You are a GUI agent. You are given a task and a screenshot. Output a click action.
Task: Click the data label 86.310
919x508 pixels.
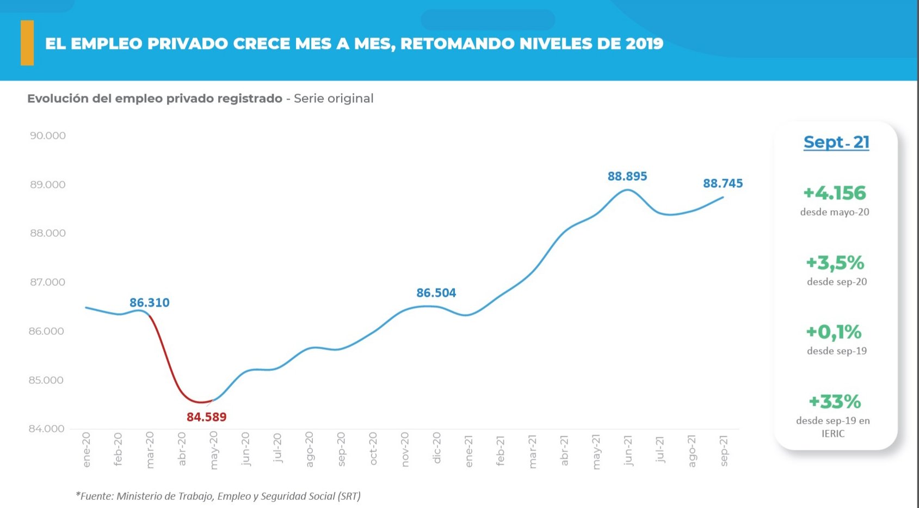[x=150, y=303]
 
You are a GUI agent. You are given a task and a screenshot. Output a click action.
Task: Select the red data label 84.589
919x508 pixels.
[x=206, y=417]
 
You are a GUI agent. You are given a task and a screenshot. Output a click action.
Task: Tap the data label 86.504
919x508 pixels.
[x=436, y=293]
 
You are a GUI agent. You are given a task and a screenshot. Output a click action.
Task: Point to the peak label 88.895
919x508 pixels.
[x=627, y=176]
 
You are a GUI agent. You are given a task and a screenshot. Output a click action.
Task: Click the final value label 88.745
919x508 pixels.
[x=723, y=183]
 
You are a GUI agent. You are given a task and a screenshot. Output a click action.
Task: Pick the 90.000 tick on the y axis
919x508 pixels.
[x=48, y=136]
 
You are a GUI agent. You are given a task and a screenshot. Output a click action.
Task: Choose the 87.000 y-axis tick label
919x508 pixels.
[x=48, y=282]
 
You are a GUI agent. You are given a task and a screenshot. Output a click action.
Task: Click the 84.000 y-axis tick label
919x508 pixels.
[x=47, y=429]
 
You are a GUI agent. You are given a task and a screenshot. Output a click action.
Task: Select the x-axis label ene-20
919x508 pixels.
[x=87, y=450]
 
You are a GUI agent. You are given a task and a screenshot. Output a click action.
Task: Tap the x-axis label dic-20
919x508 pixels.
[x=436, y=448]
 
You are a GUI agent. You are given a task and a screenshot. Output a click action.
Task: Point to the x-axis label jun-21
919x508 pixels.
[x=628, y=450]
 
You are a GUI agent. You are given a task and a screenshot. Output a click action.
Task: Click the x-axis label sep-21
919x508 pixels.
[x=724, y=450]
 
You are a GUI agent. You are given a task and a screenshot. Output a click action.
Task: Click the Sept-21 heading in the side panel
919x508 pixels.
[x=836, y=142]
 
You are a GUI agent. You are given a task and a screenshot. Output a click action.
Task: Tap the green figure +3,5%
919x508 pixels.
[x=835, y=263]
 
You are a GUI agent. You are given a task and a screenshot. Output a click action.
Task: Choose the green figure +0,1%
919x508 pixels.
[x=834, y=332]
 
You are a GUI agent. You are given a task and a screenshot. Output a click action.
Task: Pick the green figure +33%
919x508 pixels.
[x=835, y=402]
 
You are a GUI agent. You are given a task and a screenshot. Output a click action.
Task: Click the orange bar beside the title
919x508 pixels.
[x=27, y=43]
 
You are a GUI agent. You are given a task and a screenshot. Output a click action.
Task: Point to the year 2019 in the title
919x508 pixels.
[x=644, y=44]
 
